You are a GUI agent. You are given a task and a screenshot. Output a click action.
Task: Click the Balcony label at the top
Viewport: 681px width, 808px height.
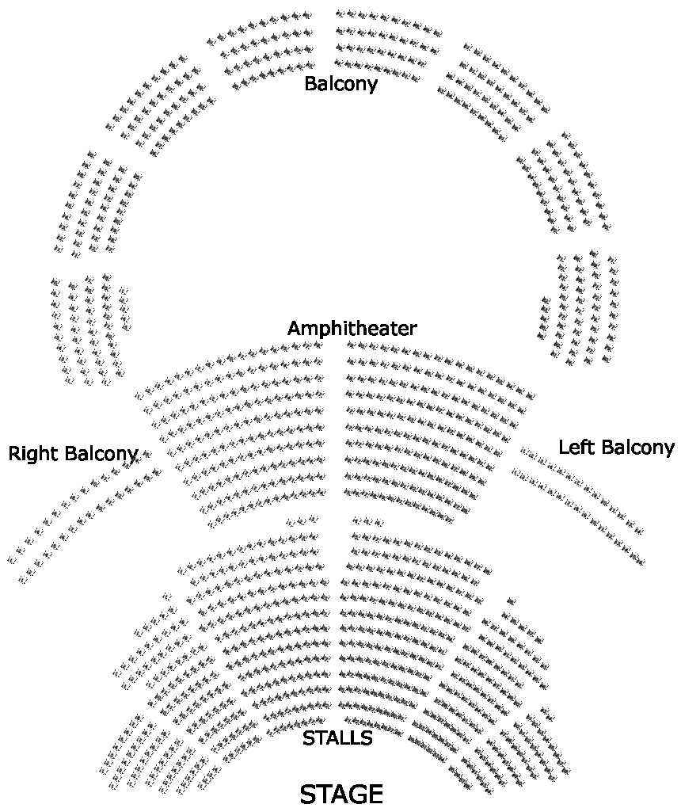point(340,83)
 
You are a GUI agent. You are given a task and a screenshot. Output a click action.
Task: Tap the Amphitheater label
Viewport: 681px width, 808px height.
point(352,328)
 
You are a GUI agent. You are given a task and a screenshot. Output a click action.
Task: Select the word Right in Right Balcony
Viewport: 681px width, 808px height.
point(33,454)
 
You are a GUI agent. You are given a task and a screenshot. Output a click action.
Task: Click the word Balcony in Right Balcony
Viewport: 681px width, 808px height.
point(101,454)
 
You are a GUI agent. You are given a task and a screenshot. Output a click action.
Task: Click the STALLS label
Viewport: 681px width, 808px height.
point(337,739)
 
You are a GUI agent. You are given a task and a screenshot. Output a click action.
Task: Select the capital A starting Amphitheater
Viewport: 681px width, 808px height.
point(295,328)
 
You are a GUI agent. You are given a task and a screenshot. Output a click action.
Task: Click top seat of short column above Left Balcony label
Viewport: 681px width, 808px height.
point(545,300)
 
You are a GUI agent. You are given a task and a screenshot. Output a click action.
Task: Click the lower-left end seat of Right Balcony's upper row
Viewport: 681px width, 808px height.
point(12,558)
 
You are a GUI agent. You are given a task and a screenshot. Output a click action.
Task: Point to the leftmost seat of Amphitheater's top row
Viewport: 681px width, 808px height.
point(139,394)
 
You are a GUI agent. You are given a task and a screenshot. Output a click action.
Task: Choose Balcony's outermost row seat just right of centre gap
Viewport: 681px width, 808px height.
point(340,13)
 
